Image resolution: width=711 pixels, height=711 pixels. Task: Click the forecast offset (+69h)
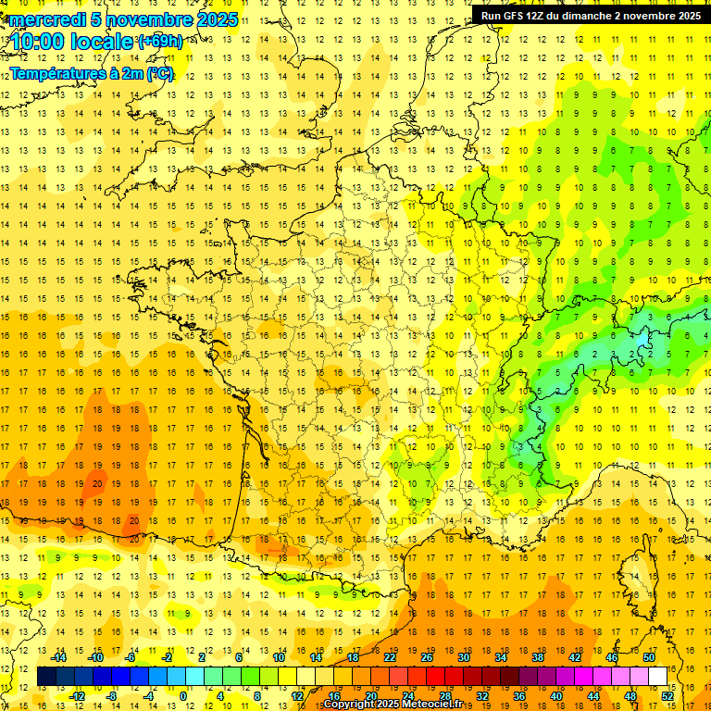pos(159,41)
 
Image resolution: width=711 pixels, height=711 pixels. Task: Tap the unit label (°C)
pos(159,74)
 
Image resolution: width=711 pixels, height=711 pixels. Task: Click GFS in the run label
pos(515,16)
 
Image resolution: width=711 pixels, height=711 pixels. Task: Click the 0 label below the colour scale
pos(183,696)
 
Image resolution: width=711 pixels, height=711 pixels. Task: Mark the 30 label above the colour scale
pos(463,657)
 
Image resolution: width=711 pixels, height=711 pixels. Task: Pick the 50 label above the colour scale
pos(648,657)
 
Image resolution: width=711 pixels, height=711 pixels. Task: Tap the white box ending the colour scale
pos(657,677)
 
